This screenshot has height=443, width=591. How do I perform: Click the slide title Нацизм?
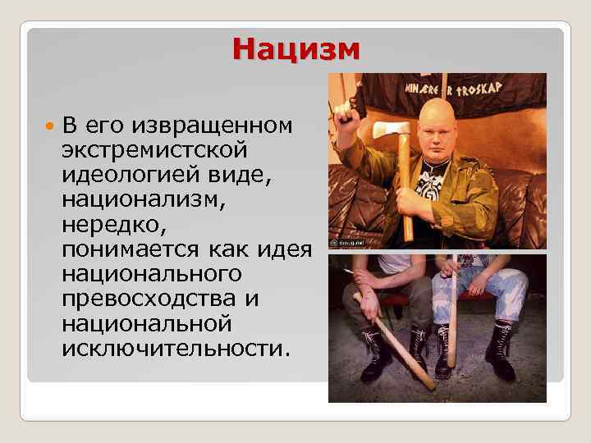click(296, 49)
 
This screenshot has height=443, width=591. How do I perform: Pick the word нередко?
click(102, 222)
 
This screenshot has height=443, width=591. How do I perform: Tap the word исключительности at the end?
click(175, 347)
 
